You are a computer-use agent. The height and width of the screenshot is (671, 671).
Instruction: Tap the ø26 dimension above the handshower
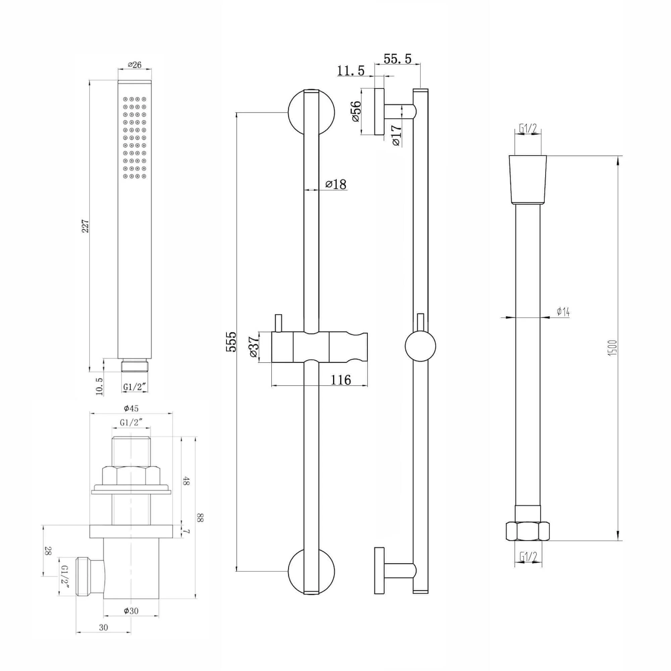click(135, 65)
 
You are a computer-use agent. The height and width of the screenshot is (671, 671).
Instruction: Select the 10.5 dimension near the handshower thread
click(99, 386)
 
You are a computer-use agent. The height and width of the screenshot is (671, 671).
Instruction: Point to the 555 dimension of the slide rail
click(231, 342)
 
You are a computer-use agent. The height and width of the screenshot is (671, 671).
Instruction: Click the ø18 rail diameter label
click(336, 184)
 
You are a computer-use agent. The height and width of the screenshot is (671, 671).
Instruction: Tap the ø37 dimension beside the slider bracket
click(254, 348)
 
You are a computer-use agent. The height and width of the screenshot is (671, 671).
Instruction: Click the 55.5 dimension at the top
click(397, 59)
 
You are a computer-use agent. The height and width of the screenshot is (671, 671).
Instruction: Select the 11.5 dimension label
click(351, 71)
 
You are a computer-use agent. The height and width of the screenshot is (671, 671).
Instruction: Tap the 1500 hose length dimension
click(613, 347)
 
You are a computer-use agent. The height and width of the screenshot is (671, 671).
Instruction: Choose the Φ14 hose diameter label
click(563, 312)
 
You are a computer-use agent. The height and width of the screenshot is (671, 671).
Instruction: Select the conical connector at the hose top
click(527, 179)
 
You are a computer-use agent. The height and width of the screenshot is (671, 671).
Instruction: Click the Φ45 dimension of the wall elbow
click(131, 408)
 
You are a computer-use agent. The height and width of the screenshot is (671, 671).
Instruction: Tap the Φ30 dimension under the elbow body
click(131, 611)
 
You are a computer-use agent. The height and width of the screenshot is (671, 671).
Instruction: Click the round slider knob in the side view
click(420, 346)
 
